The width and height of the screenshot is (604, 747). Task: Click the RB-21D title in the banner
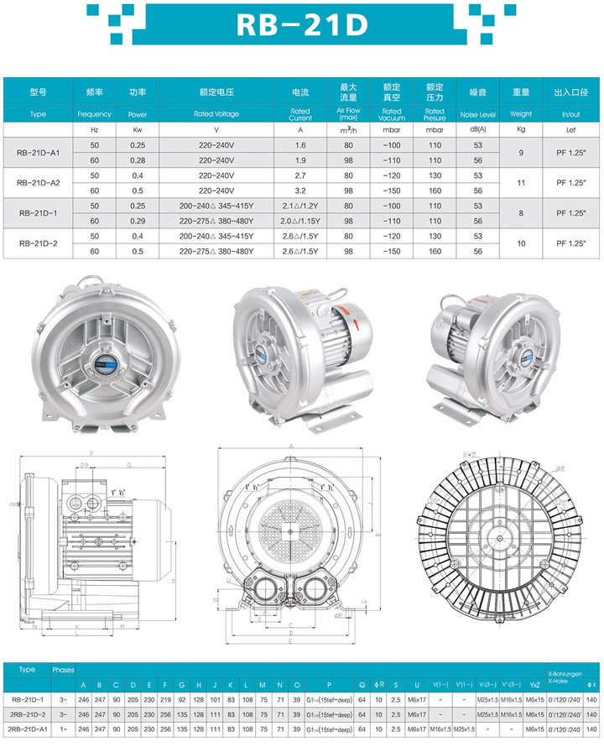[302, 25]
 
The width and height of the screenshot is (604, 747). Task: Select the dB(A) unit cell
[478, 130]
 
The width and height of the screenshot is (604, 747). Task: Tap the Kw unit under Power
[138, 130]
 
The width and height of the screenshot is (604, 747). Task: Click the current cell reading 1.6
[300, 145]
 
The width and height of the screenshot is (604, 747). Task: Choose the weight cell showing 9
[521, 153]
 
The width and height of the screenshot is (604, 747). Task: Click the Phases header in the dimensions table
[64, 671]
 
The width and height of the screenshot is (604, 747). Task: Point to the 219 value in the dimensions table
[165, 698]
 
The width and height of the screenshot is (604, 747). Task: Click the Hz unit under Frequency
[94, 130]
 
